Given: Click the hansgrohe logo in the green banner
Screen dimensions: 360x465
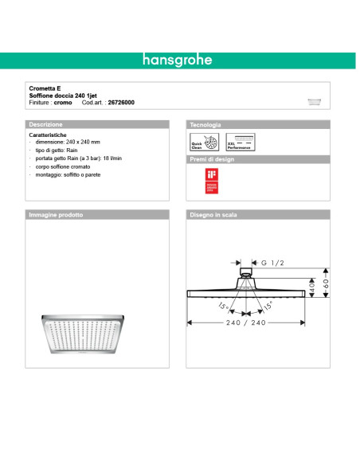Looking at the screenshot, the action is click(179, 60).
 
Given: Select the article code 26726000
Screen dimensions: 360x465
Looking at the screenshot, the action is click(121, 103).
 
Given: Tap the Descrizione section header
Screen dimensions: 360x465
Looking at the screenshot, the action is click(46, 125).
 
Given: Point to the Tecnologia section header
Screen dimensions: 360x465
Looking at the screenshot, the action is click(205, 125).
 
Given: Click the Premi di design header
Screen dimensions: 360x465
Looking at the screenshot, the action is click(211, 159).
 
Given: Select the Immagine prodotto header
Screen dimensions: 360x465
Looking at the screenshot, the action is click(56, 215).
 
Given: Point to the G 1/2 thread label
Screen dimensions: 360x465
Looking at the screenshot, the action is click(272, 262).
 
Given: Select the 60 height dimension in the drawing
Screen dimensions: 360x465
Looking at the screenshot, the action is click(324, 283).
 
